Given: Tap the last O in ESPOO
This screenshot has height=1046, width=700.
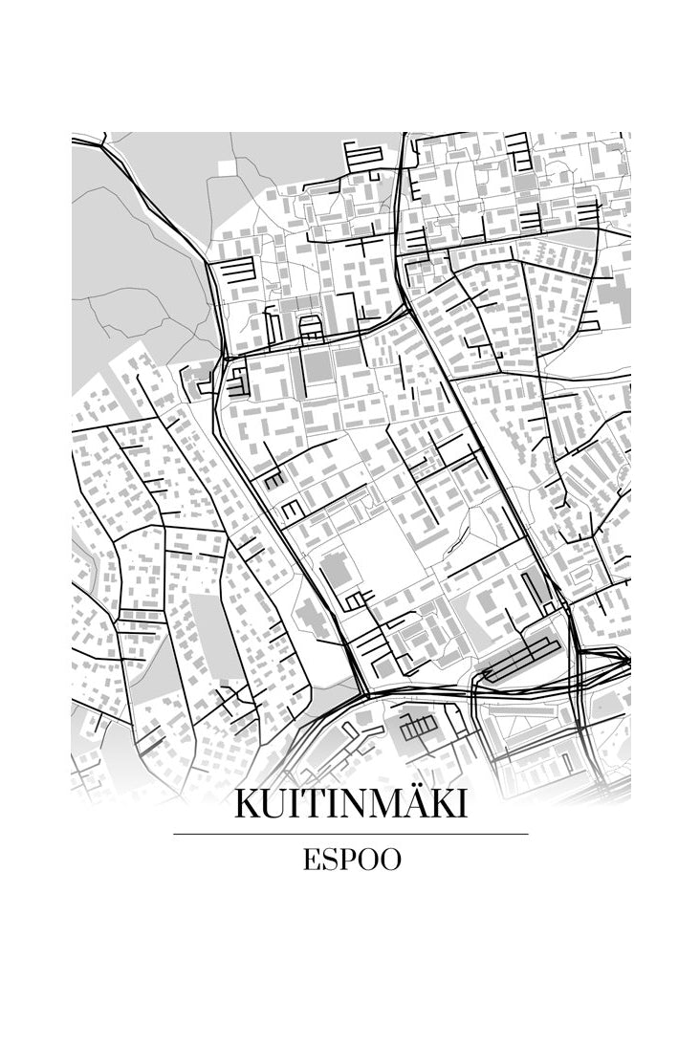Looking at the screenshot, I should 389,860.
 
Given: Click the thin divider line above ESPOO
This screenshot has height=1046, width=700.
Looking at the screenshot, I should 350,834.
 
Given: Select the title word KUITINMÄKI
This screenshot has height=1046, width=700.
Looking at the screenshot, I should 350,804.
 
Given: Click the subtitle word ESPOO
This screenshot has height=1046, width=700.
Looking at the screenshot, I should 350,860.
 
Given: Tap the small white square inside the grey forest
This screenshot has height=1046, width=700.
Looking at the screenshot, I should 226,167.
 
